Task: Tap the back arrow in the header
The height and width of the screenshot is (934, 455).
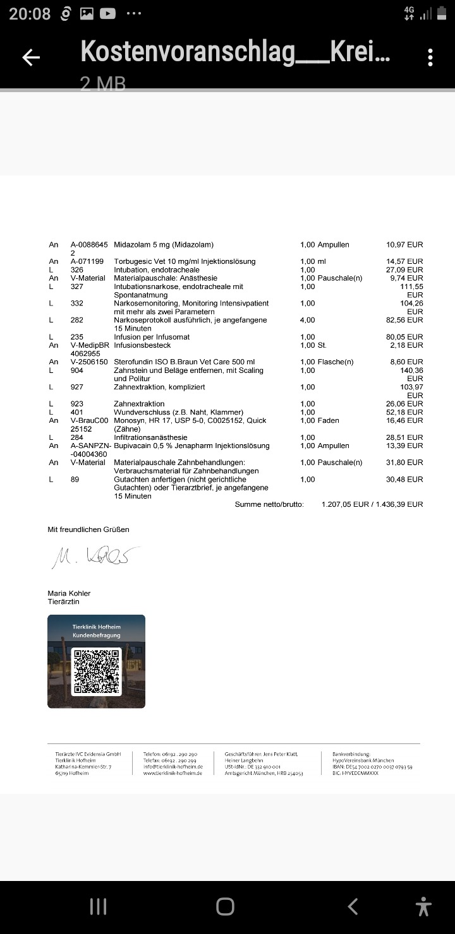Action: click(31, 57)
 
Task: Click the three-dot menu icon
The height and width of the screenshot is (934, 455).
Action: click(430, 57)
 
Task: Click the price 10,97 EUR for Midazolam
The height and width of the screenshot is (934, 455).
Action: click(404, 244)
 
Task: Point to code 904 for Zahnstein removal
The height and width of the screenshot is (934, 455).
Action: click(77, 370)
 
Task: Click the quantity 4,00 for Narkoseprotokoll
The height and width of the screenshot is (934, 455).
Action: click(307, 320)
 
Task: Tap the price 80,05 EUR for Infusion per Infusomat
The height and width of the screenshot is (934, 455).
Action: click(404, 337)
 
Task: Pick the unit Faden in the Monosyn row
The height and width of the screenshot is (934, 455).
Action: click(329, 420)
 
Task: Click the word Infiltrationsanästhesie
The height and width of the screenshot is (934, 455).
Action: click(150, 437)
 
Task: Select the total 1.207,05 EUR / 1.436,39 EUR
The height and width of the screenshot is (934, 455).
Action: click(372, 504)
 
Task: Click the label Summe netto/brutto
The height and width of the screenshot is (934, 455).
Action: click(269, 504)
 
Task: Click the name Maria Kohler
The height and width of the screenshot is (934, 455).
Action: click(69, 593)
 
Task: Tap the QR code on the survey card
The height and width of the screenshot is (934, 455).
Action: click(97, 671)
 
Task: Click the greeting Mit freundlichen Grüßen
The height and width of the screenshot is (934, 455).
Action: click(88, 529)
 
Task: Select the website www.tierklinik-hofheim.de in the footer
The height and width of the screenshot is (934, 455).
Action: click(173, 773)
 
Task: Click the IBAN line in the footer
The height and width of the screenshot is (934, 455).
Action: click(372, 767)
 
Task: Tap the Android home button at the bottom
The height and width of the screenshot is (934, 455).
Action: click(226, 907)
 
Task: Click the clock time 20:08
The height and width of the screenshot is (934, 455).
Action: click(30, 14)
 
